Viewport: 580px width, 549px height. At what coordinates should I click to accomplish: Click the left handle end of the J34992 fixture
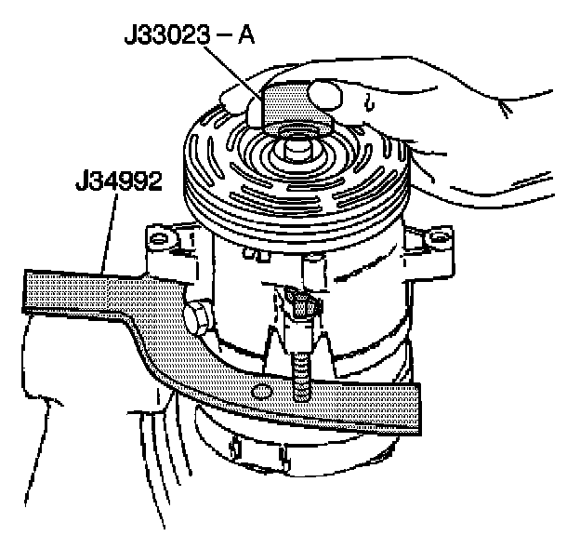pyautogui.click(x=56, y=288)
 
